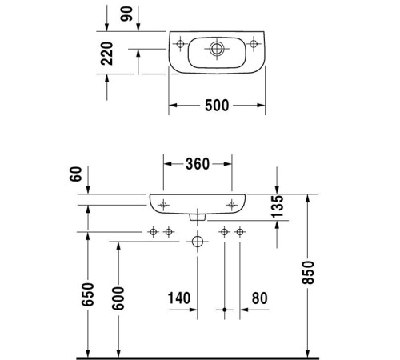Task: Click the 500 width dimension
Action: [217, 105]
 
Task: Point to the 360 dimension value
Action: [197, 164]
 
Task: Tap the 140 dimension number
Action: [180, 298]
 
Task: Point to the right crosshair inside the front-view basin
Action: [231, 204]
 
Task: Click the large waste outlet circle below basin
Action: [197, 241]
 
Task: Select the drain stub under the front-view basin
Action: [197, 217]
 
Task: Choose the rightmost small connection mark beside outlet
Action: [239, 232]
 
